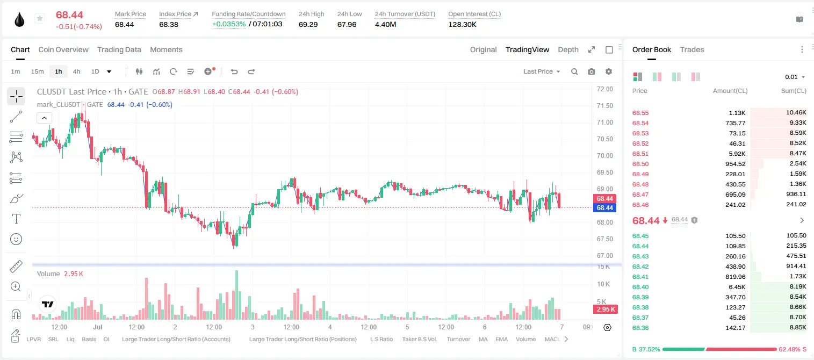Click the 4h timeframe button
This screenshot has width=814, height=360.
point(76,71)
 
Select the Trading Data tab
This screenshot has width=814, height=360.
point(119,49)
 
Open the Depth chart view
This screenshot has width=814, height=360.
point(568,49)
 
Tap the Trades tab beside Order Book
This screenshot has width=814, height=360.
point(692,49)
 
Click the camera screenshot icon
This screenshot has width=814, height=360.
point(592,71)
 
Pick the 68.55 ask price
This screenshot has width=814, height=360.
point(640,113)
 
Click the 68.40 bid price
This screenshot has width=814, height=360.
point(640,287)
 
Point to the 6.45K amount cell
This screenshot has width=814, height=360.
point(737,287)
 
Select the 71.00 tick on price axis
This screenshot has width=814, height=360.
point(604,123)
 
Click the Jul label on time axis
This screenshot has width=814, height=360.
point(97,327)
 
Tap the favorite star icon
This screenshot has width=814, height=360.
point(40,18)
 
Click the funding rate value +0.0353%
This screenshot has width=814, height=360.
point(228,24)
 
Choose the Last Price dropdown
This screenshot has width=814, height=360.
point(542,71)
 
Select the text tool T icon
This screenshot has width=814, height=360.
point(16,219)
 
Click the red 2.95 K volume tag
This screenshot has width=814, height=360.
point(606,309)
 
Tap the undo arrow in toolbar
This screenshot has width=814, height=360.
point(234,71)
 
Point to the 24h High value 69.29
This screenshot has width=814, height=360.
point(308,24)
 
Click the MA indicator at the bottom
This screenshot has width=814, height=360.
point(483,339)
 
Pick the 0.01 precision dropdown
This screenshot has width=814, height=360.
point(795,77)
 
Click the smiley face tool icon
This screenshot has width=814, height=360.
point(16,239)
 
